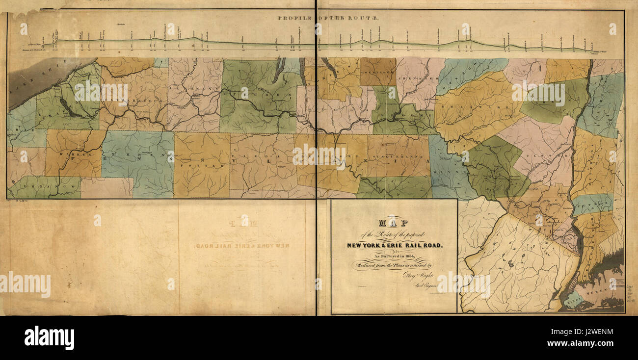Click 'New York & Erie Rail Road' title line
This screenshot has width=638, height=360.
coord(394,245)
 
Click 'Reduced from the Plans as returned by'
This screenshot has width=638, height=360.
coord(394,266)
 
